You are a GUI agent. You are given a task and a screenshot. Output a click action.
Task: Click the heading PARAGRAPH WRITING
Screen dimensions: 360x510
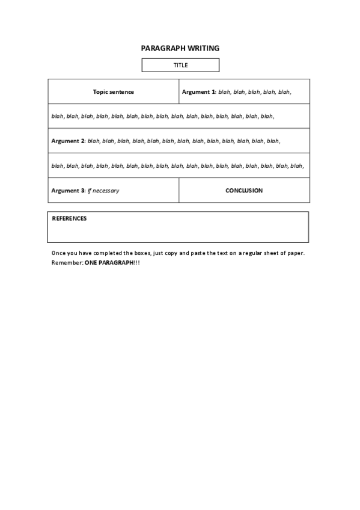point(180,48)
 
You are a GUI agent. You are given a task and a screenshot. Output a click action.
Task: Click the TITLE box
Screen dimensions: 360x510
point(180,65)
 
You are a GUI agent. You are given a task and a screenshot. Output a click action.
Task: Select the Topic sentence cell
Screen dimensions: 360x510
point(114,92)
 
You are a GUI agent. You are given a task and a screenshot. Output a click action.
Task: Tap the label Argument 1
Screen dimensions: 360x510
point(199,92)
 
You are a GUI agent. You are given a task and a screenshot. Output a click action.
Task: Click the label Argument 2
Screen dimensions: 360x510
point(69,141)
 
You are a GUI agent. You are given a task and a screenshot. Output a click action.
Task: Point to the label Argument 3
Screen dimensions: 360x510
point(69,191)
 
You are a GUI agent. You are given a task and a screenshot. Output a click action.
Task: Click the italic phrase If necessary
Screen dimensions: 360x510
point(103,191)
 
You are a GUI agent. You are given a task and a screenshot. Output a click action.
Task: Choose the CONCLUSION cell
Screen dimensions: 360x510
point(244,191)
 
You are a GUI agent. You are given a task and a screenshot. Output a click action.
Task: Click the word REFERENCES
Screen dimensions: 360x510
point(69,218)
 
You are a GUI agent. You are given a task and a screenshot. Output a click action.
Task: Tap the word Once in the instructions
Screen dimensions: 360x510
point(59,253)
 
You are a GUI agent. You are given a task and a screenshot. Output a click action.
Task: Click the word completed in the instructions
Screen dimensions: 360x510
point(106,253)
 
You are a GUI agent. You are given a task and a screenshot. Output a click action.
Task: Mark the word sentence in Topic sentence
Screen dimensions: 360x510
point(121,92)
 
